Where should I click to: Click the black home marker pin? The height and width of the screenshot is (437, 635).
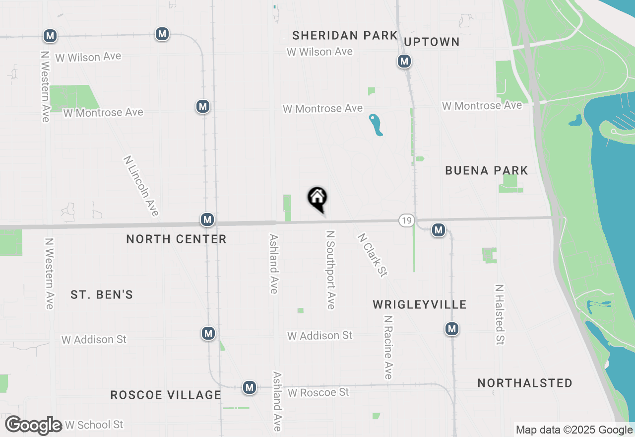pos(317,199)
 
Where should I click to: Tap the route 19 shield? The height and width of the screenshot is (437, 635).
pos(406,220)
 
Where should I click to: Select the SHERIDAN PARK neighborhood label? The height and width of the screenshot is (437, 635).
pos(345,35)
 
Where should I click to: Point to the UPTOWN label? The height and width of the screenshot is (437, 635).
pos(432,42)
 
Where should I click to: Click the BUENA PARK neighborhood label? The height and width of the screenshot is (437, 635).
pos(486,171)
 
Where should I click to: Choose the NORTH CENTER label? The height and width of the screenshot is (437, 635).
pos(176,239)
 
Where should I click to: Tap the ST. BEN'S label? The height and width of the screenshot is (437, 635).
pos(102,294)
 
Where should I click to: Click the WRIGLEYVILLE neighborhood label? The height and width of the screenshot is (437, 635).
pos(420,304)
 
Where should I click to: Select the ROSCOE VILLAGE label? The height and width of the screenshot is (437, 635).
pos(166,395)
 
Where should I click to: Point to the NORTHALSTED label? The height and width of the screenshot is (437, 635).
pos(525,383)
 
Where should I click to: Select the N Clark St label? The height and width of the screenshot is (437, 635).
pos(372,255)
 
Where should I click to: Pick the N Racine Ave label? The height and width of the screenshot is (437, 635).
pos(388,347)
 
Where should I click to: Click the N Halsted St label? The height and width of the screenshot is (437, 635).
pos(500,314)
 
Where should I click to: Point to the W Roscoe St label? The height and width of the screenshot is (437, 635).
pos(318,392)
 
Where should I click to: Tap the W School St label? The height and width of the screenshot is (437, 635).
pos(94,425)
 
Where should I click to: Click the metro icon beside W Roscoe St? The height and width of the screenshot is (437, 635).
pos(250,387)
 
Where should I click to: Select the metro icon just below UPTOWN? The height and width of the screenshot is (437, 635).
pos(405,61)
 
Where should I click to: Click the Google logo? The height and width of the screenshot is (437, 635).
pos(34,425)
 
